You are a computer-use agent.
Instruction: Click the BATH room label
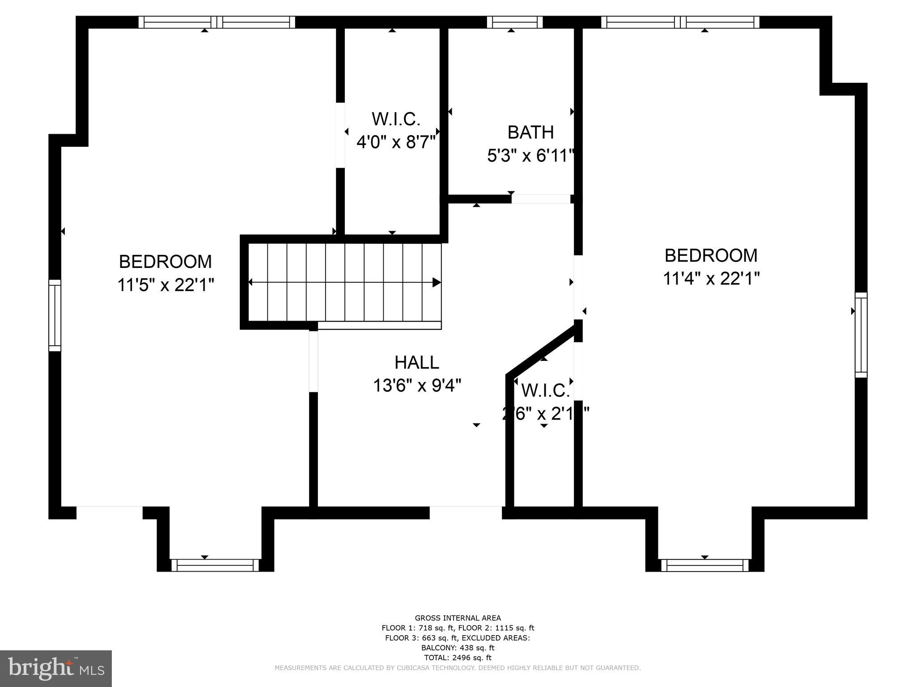click(530, 132)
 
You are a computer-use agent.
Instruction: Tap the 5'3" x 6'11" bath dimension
click(530, 156)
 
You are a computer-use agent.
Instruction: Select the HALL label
click(417, 362)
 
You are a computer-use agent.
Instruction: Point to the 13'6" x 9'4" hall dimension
click(417, 385)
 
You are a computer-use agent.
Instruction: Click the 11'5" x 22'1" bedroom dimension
click(165, 284)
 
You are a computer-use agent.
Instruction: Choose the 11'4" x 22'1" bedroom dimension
click(711, 279)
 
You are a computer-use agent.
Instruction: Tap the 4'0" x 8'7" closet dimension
click(396, 143)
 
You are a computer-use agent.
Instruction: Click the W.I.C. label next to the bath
click(396, 119)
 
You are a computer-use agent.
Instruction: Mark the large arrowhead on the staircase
click(437, 282)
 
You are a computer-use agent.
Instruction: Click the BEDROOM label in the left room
click(165, 261)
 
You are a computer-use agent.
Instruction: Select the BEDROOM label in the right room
click(711, 255)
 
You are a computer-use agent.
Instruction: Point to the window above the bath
click(514, 22)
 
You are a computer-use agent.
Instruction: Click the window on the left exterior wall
click(55, 315)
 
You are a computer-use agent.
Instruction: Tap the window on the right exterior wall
click(861, 335)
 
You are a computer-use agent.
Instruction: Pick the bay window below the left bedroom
click(215, 565)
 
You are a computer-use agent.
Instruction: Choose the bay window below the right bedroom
click(704, 565)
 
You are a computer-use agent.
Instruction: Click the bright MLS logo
click(56, 669)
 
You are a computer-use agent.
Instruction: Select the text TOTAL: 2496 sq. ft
click(458, 657)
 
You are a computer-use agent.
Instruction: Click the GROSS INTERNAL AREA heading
click(458, 618)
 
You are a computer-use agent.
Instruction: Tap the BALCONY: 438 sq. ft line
click(458, 648)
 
